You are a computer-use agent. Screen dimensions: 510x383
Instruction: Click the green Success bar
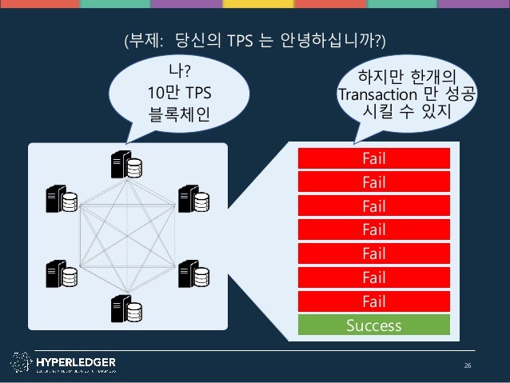373,325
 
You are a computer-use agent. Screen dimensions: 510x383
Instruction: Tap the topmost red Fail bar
373,158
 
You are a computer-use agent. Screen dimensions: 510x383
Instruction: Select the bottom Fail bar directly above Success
373,301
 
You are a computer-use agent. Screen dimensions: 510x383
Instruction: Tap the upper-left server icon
62,199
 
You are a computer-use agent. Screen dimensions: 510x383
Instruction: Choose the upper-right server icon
193,199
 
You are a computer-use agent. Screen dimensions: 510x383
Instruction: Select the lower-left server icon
62,273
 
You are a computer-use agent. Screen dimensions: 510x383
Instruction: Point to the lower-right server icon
193,273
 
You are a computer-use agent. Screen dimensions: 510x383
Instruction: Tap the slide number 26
468,365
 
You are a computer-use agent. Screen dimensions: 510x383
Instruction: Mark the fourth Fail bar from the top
373,230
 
